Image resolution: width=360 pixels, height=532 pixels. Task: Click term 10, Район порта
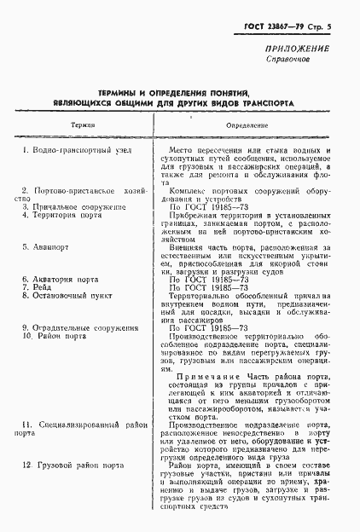coord(54,336)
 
